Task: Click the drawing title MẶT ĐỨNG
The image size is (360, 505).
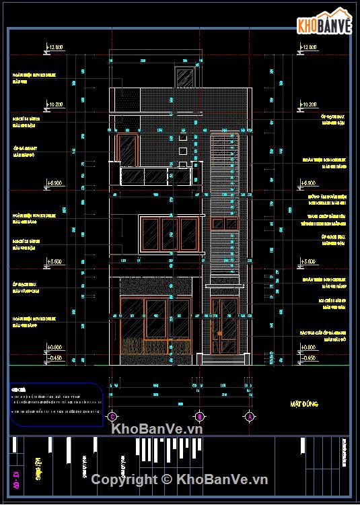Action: tap(304, 404)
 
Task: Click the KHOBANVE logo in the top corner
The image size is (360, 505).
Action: tap(325, 26)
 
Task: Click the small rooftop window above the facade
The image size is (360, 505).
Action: tap(184, 77)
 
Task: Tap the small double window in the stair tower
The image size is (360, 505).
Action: tap(223, 224)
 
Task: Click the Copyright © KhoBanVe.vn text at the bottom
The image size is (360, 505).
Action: tap(180, 479)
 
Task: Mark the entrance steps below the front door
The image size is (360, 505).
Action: tap(225, 358)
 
